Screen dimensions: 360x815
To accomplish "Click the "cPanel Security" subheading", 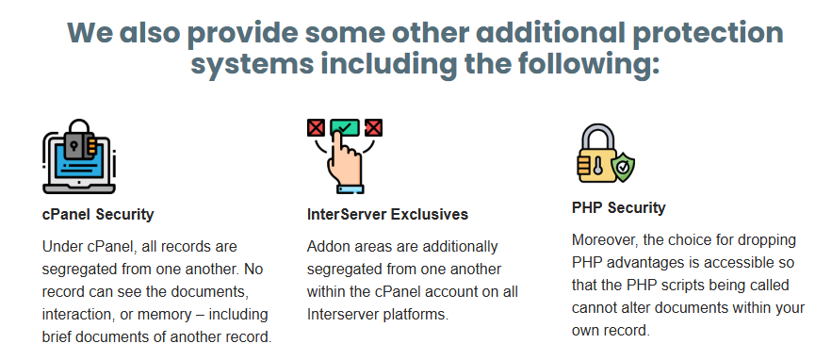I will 98,215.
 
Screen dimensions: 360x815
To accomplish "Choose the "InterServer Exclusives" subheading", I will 387,215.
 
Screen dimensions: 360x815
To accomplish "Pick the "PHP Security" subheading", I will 618,207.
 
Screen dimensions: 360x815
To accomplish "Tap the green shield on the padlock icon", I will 621,169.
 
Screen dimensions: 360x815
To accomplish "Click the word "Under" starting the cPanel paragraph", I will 62,247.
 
